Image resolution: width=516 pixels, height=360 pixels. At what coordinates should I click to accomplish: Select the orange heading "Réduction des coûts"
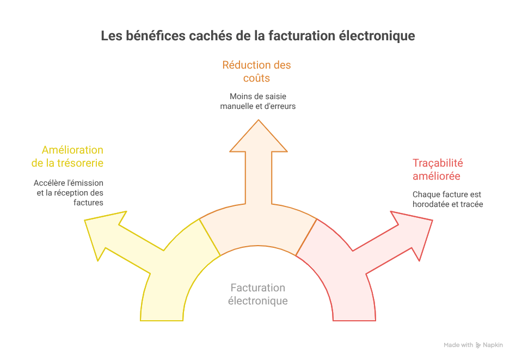256,71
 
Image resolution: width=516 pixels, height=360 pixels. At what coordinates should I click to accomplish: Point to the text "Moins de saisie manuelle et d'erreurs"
257,101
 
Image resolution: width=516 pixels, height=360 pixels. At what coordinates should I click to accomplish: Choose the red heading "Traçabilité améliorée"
438,169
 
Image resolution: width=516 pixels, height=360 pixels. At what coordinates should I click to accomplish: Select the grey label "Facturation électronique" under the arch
257,294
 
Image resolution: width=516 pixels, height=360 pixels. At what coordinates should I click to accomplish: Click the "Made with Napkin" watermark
473,345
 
